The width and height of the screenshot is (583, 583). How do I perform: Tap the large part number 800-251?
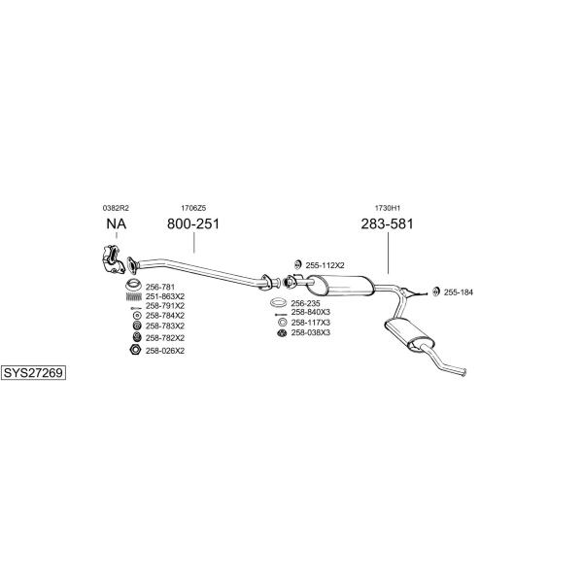[x=194, y=224]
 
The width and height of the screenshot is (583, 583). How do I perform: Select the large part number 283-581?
[x=388, y=224]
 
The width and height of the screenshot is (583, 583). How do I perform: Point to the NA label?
[x=116, y=224]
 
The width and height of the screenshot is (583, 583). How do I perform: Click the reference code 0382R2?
[x=116, y=208]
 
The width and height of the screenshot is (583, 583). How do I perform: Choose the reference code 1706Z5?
[x=193, y=208]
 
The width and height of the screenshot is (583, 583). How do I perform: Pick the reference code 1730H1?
[x=388, y=208]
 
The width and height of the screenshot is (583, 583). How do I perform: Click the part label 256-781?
[x=160, y=287]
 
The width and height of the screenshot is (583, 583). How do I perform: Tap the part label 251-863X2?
[x=165, y=295]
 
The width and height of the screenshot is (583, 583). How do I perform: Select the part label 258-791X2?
[x=165, y=306]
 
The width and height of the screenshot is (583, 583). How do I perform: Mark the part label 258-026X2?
[x=165, y=351]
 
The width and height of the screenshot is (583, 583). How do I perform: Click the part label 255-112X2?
[x=326, y=264]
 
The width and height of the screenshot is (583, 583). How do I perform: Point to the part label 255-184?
[x=459, y=291]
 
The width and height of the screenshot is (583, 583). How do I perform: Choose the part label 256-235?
[x=306, y=303]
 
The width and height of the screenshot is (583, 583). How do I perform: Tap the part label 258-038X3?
[x=311, y=332]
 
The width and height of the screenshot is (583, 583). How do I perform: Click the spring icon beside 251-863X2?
[x=135, y=295]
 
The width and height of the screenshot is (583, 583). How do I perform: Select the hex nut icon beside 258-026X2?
[x=135, y=350]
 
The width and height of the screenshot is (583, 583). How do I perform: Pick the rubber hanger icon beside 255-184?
[x=435, y=291]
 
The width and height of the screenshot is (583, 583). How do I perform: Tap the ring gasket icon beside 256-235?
[x=279, y=303]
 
